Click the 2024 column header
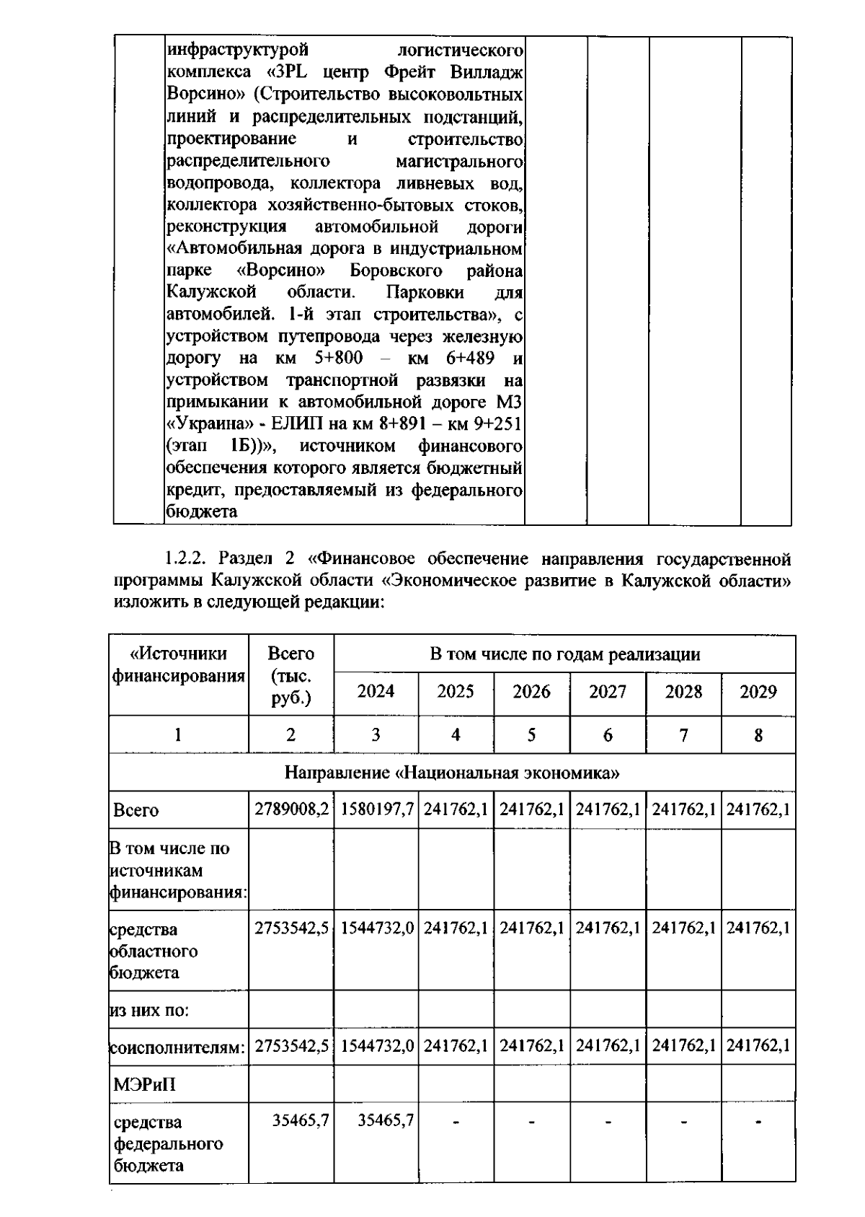(376, 691)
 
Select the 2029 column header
(758, 691)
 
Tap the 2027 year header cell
(607, 691)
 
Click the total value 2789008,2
(291, 809)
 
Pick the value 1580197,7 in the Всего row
(376, 809)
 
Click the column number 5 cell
(531, 734)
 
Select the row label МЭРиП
(144, 1084)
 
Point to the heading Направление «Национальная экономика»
(452, 773)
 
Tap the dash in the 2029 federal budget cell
(758, 1121)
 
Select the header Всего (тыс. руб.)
(290, 675)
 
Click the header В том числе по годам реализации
(564, 654)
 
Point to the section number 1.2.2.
(188, 558)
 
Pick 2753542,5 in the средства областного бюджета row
(291, 927)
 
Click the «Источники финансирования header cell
(178, 664)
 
